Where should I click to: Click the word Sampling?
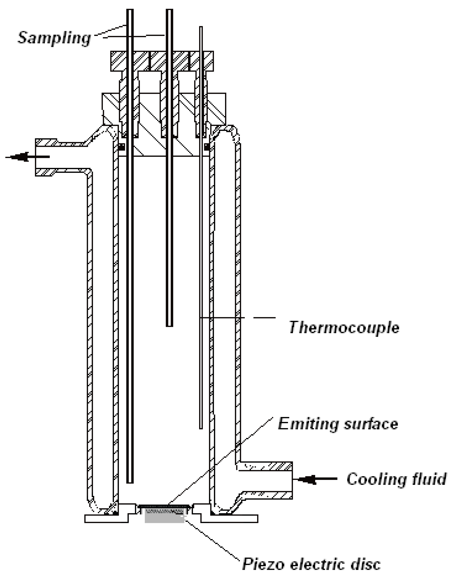click(x=54, y=38)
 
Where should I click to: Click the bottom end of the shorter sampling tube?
click(x=169, y=325)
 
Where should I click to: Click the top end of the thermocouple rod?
click(x=201, y=27)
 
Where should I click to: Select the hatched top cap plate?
click(x=162, y=61)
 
